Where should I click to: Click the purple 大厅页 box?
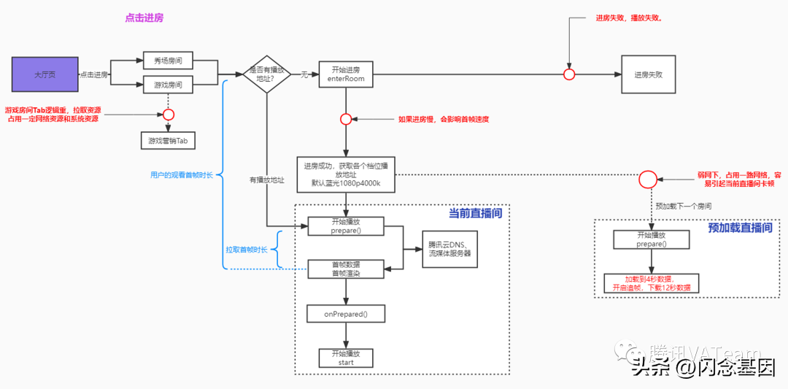tap(45, 75)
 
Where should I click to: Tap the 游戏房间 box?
tap(168, 85)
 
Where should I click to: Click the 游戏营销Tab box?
tap(168, 141)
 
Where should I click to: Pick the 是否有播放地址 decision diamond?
tap(267, 74)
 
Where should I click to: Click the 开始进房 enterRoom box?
tap(346, 74)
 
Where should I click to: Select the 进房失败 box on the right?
tap(648, 74)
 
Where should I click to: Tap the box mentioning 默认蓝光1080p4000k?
tap(346, 174)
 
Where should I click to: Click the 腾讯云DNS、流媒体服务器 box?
tap(449, 249)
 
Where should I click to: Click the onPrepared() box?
tap(346, 314)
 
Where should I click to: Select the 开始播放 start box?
tap(346, 358)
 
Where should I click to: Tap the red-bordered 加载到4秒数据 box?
tap(651, 283)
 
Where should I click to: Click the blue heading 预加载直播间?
tap(739, 228)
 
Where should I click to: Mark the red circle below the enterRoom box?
tap(346, 119)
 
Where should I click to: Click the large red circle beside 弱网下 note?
tap(648, 180)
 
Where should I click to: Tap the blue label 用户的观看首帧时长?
tap(181, 175)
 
